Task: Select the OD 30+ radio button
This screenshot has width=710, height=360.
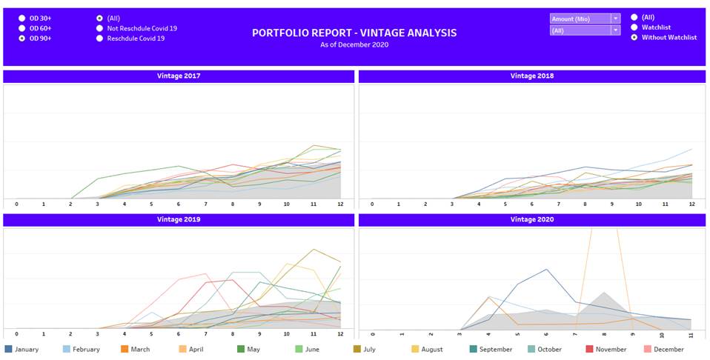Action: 22,17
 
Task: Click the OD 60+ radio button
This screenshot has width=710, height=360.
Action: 22,27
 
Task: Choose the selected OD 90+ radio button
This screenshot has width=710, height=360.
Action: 22,38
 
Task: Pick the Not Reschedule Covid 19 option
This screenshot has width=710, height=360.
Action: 100,28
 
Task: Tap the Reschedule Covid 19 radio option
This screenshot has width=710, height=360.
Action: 100,38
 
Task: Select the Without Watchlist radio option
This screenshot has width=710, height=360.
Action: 634,38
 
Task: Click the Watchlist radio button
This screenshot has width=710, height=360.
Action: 634,27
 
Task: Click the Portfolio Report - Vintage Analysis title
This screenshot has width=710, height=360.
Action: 354,33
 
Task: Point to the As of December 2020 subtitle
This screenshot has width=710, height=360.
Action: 354,45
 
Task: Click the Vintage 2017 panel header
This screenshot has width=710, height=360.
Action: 178,76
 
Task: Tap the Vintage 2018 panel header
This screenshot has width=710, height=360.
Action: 531,76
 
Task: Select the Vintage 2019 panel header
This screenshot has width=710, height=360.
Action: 178,220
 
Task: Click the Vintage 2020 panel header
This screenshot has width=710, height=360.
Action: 531,220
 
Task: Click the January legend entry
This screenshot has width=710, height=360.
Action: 21,349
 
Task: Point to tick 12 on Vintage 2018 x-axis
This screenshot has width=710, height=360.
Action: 692,204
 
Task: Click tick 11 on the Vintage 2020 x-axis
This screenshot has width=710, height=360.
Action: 691,335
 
